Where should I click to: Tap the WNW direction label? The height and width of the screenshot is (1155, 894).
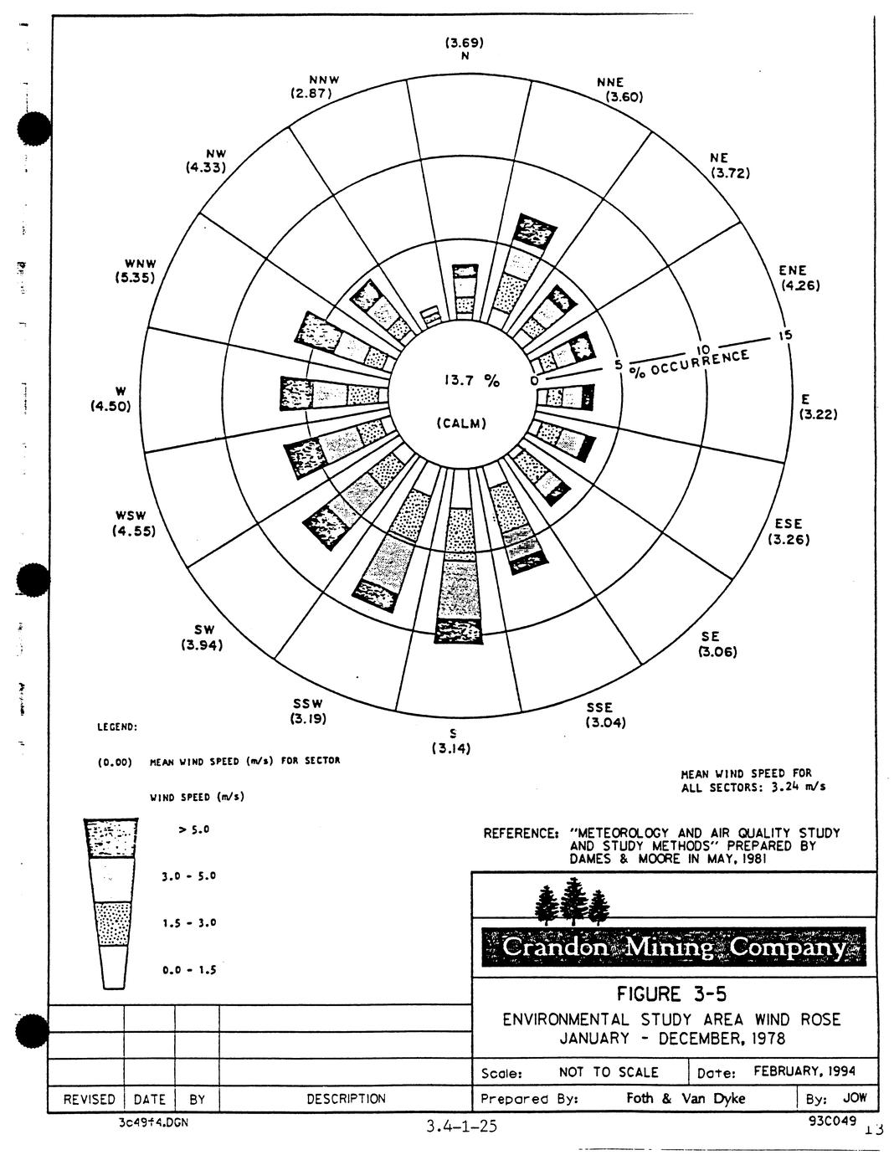tap(135, 264)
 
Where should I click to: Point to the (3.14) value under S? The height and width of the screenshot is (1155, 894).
tap(450, 749)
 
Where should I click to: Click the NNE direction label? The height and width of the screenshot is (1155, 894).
tap(610, 83)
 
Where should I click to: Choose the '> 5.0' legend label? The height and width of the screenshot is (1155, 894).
tap(193, 829)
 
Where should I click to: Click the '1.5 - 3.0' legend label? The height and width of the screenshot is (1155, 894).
tap(189, 923)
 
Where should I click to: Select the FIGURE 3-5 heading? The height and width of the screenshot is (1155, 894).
tap(672, 994)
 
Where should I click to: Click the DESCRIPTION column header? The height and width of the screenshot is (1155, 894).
tap(346, 1099)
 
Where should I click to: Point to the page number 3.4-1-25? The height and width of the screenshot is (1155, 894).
tap(461, 1127)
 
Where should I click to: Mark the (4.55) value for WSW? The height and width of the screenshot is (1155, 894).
tap(135, 531)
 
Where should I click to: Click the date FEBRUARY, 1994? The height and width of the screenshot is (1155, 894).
tap(804, 1071)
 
